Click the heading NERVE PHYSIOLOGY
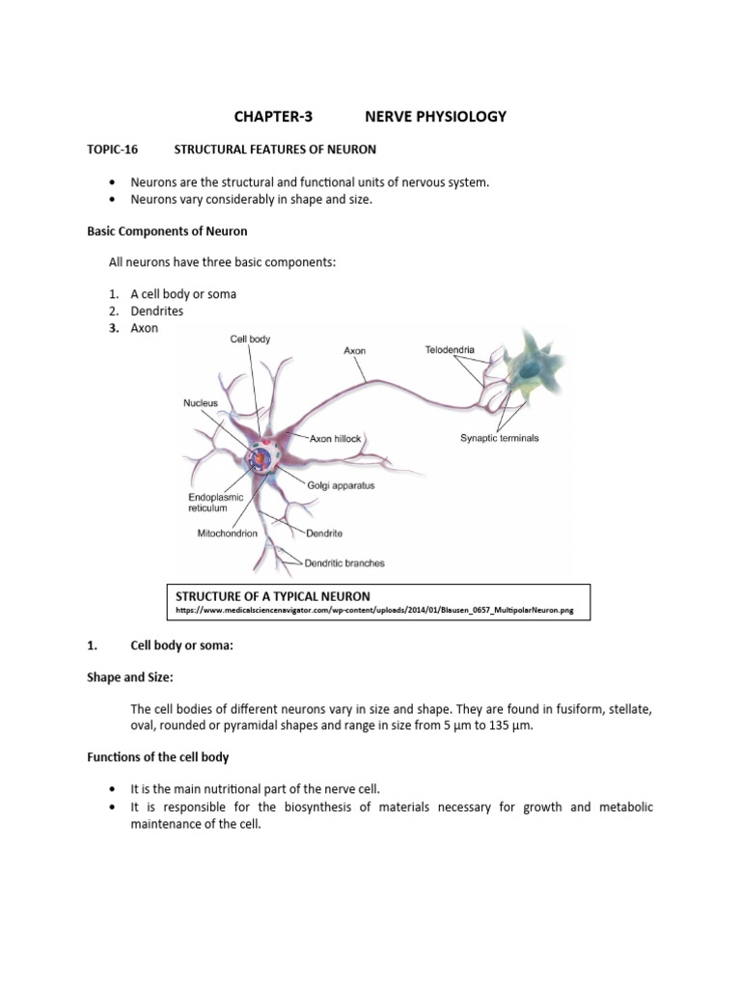coord(435,117)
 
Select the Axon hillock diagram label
coord(335,438)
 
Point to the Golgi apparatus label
coord(341,485)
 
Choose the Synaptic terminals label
coord(499,438)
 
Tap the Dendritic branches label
coord(344,563)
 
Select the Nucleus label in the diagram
coord(201,402)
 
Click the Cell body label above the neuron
coord(250,339)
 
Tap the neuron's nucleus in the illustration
coord(261,458)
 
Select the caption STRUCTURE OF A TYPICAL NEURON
coord(273,596)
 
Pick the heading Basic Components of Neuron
coord(167,231)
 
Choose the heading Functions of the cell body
coord(158,757)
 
